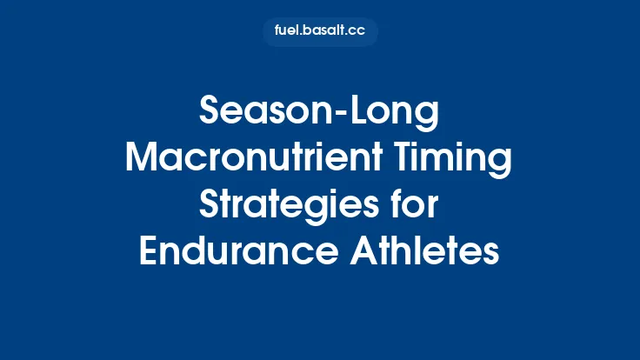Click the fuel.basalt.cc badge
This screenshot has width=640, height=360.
(x=320, y=32)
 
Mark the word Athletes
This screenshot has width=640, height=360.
(x=435, y=252)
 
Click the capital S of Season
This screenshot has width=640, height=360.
(x=210, y=112)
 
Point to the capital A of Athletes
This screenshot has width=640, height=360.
(x=381, y=252)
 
